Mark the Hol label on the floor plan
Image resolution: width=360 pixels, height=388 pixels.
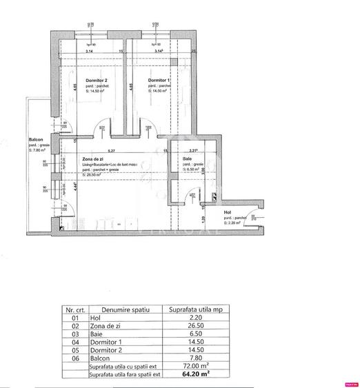pos(228,213)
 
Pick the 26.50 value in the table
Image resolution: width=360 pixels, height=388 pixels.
pos(195,327)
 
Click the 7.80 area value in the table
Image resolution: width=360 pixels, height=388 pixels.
pos(195,358)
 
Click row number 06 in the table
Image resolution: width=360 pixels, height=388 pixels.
pos(75,358)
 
